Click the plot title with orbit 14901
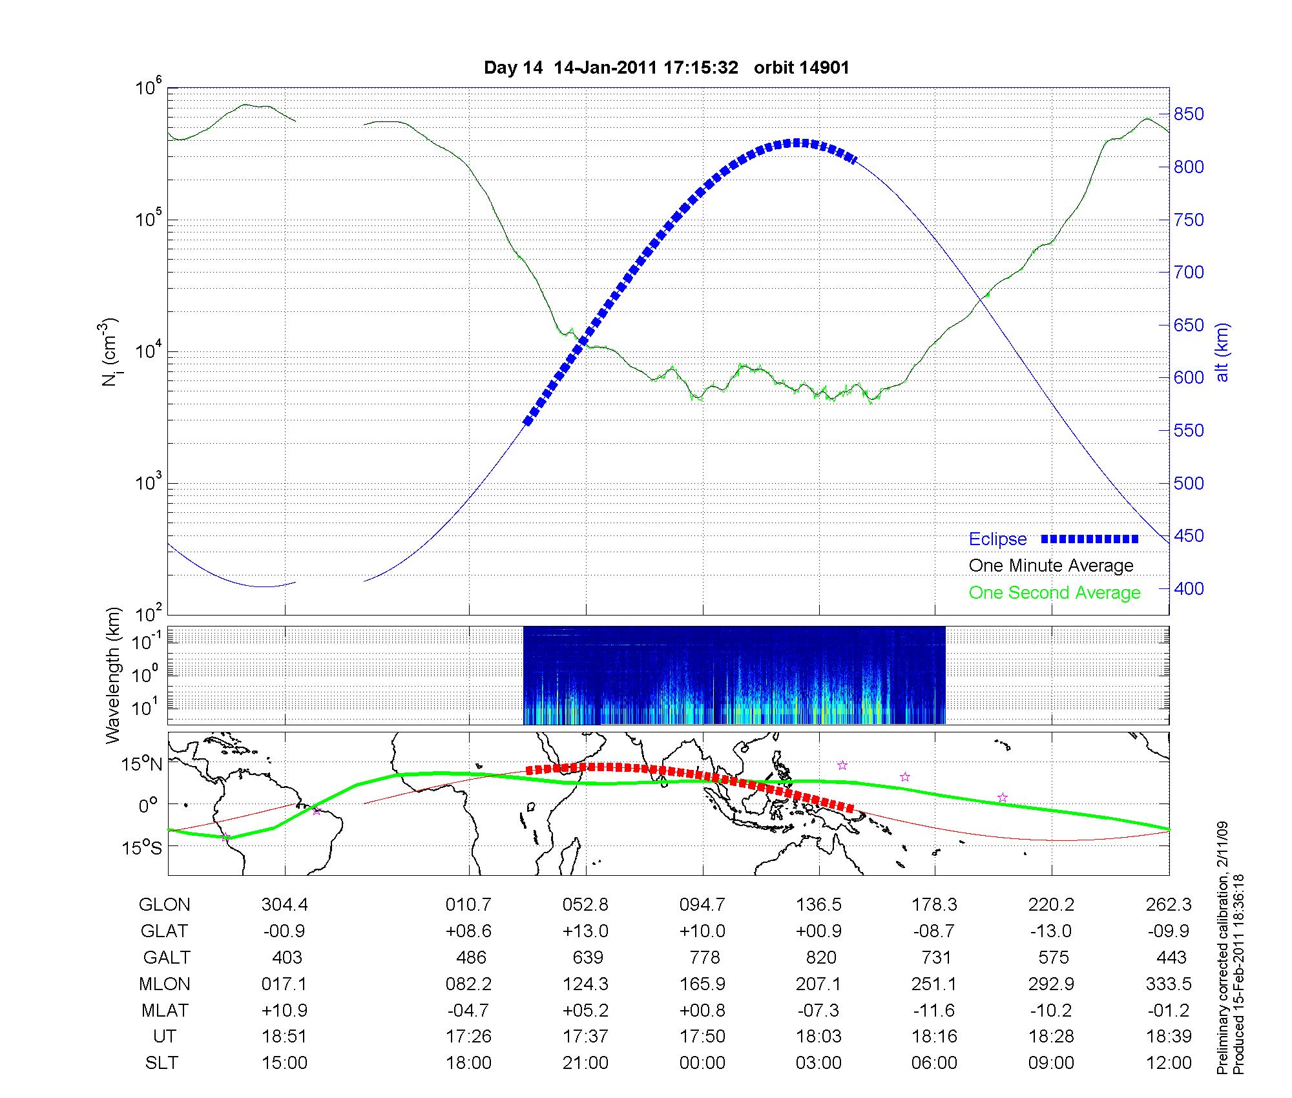pos(666,68)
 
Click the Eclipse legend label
pos(997,539)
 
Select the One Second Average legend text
pos(1054,593)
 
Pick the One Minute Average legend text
pos(1051,566)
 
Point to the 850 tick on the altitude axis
pos(1189,114)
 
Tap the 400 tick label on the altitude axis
pos(1189,588)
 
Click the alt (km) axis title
pos(1222,353)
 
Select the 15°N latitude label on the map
pos(141,765)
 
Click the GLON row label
pos(164,905)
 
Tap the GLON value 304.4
pos(285,905)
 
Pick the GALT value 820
pos(820,957)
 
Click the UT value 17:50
pos(702,1036)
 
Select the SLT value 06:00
pos(934,1062)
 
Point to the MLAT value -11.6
pos(934,1010)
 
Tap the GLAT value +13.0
pos(585,931)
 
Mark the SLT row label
pos(161,1062)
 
